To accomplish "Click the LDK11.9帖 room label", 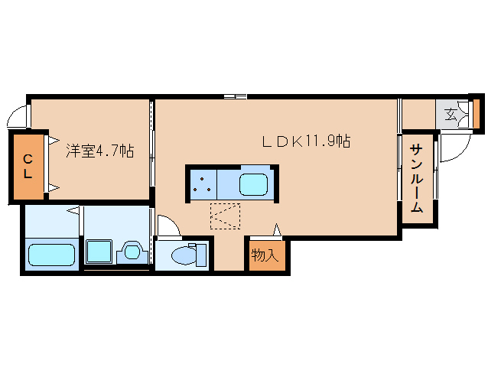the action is coord(307,141).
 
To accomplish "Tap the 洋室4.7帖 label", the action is coord(100,151).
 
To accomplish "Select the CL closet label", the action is coord(28,167).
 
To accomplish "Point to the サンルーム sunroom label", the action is coord(416,178).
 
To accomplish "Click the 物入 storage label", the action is coord(265,255).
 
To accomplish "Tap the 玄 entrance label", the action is coord(451,114).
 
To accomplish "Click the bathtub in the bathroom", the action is coord(52,255).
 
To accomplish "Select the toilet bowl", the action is coord(184,255).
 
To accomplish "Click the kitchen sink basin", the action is coord(254,184).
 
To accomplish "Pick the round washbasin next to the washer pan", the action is coord(132,252).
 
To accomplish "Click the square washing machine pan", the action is coord(99,251).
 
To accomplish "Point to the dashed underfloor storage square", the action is coord(225,216).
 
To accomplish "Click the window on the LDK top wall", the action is coord(236,96).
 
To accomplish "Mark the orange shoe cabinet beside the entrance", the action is coord(477,113).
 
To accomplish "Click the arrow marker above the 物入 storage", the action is coord(277,230).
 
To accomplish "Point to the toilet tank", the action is coord(201,255).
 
